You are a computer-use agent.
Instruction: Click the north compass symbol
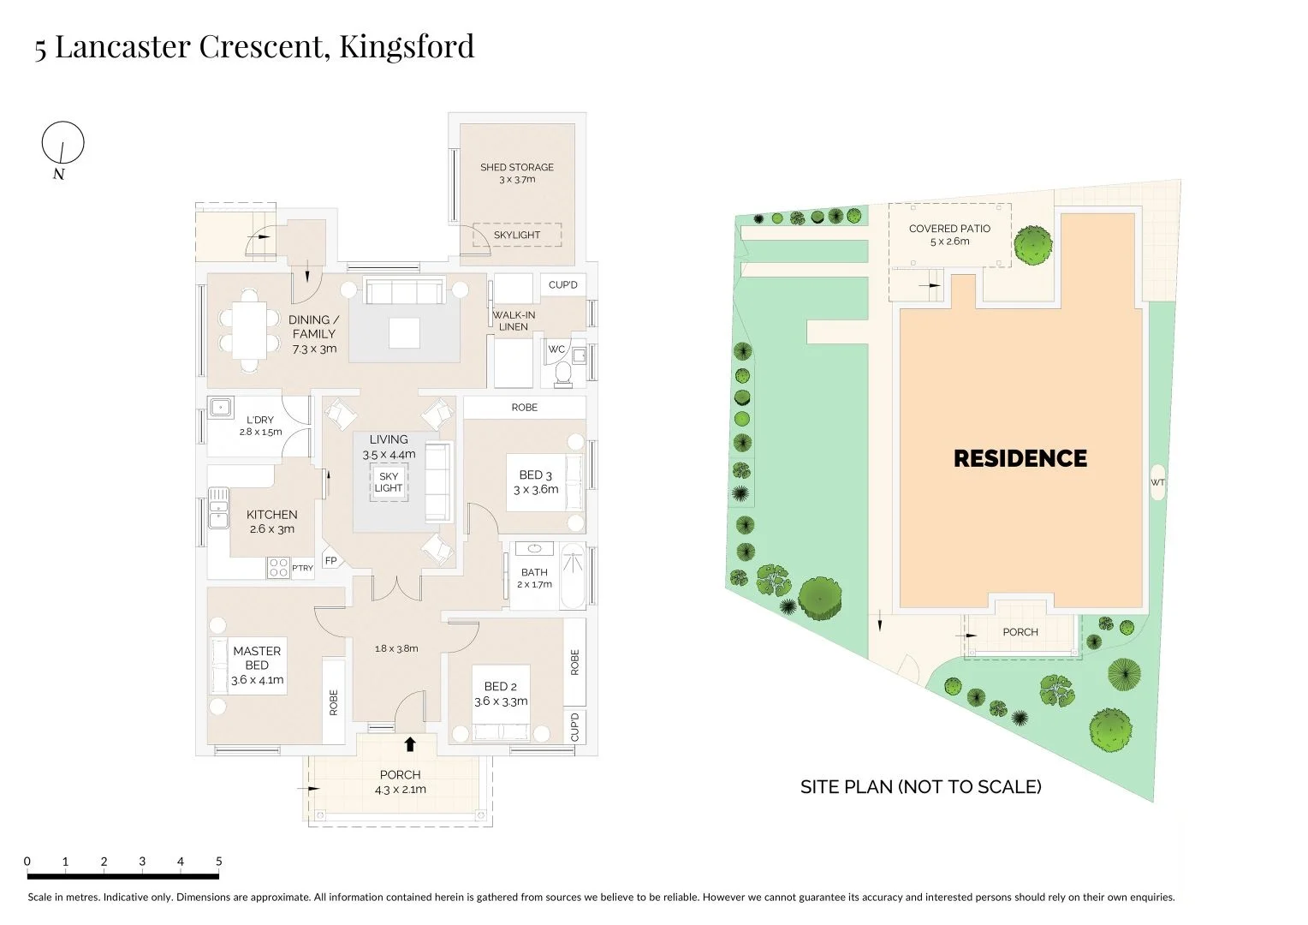coord(62,142)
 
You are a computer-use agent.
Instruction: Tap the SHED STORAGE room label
coord(516,167)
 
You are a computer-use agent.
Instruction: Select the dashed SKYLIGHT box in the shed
coord(517,235)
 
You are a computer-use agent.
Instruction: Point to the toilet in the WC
coord(563,371)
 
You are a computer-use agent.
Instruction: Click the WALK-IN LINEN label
coord(514,320)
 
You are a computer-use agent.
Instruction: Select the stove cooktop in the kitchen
coord(278,567)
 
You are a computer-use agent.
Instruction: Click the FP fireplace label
coord(330,561)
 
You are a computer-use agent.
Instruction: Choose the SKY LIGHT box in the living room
coord(388,482)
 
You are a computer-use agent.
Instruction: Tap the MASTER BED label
coord(257,658)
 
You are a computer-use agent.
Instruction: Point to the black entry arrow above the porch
coord(410,744)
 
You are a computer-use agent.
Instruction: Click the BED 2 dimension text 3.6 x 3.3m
coord(501,701)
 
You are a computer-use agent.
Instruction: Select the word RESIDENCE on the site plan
coord(1020,458)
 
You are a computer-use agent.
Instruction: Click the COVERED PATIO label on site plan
coord(949,229)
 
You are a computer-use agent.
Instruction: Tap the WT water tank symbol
coord(1157,483)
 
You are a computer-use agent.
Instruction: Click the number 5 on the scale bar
coord(218,862)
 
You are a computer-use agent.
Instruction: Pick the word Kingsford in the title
coord(407,46)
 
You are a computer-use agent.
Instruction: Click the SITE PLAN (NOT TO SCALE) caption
coord(920,786)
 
